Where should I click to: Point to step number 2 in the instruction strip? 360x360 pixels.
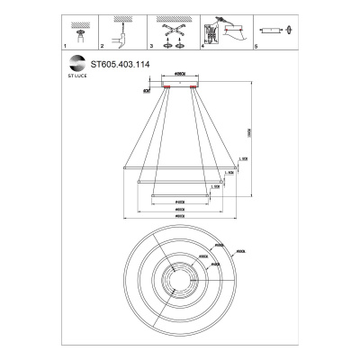pyautogui.click(x=103, y=45)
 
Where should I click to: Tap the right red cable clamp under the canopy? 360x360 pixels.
pyautogui.click(x=193, y=87)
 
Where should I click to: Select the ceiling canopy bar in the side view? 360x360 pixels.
pyautogui.click(x=179, y=82)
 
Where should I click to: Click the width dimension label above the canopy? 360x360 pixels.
pyautogui.click(x=179, y=76)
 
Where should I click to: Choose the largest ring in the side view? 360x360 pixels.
pyautogui.click(x=179, y=166)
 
